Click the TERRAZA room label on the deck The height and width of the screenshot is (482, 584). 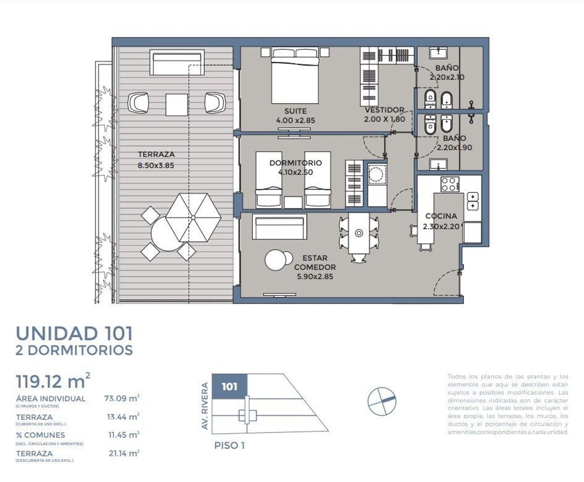[x=156, y=154]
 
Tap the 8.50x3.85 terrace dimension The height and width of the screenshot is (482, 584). [x=156, y=166]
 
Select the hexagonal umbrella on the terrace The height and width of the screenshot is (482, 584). [x=193, y=217]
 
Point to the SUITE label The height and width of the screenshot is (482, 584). [x=295, y=111]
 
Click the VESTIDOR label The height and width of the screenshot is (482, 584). [x=384, y=110]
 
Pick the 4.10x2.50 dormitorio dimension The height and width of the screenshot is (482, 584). [x=295, y=172]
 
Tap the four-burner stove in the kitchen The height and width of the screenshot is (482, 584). [x=449, y=184]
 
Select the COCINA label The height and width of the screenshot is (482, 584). [x=441, y=216]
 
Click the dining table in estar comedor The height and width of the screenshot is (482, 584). [x=359, y=233]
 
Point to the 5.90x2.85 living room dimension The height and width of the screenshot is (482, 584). [x=315, y=277]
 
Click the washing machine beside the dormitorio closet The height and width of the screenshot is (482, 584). [x=377, y=174]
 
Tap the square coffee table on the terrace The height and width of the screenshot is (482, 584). [x=177, y=104]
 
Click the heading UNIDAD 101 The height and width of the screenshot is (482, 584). [x=74, y=333]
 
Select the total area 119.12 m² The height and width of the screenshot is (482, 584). [x=53, y=382]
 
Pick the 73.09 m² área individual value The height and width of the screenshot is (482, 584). [x=121, y=398]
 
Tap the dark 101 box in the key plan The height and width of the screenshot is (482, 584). [x=229, y=386]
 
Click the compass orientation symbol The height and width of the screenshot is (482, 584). [x=382, y=400]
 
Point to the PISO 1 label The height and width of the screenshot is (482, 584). [x=229, y=445]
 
